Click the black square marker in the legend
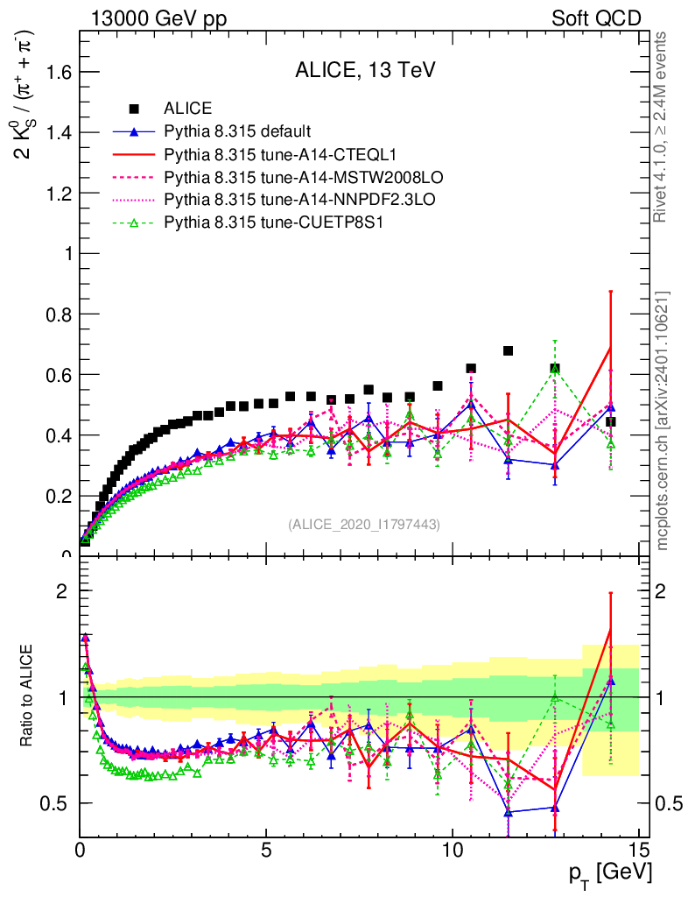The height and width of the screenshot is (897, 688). pos(134,109)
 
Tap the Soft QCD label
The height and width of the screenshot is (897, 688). pos(596,18)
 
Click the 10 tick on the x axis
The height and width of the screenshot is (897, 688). pos(452,850)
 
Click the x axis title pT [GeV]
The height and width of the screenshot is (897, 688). pos(611,873)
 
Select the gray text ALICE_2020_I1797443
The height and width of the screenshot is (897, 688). pos(363,524)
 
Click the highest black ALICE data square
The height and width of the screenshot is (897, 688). pos(508,351)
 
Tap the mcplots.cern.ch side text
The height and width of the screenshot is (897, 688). pos(662,420)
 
